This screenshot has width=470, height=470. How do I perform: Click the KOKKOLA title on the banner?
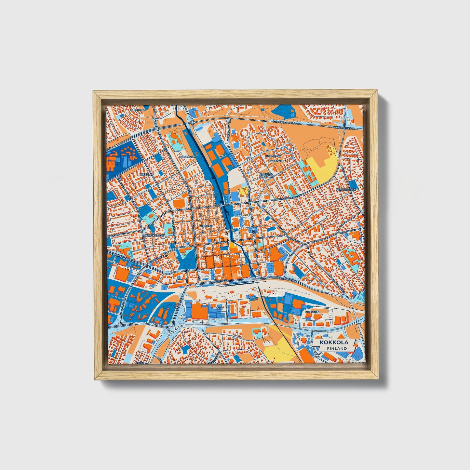point(333,342)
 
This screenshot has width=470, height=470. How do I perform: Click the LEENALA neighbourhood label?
point(145,174)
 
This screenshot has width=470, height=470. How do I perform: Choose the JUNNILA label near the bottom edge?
point(142,361)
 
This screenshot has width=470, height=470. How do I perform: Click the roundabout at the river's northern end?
point(193,123)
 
